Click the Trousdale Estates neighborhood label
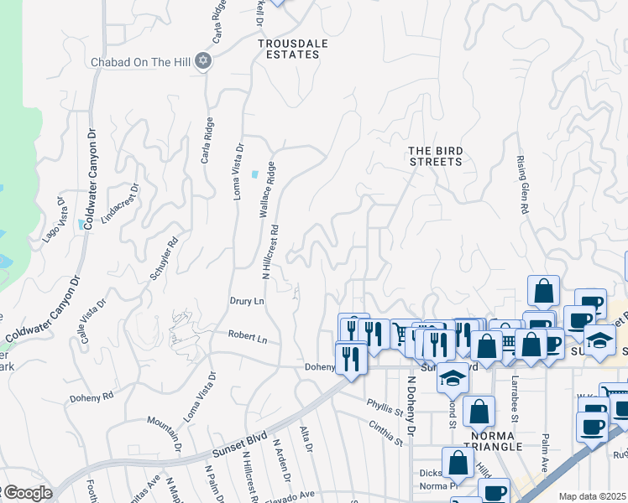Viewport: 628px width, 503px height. (x=289, y=49)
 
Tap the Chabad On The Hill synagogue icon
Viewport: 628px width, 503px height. (x=202, y=60)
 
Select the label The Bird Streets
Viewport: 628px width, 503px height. (x=436, y=156)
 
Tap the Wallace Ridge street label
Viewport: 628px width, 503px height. (x=269, y=189)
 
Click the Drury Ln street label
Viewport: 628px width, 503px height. (x=247, y=300)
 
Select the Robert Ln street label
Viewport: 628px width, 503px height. (x=248, y=337)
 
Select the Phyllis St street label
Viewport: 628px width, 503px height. (x=385, y=407)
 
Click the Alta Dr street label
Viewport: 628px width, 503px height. (x=306, y=438)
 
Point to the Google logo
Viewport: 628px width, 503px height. (x=28, y=494)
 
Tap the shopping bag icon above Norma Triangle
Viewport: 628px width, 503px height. (x=479, y=412)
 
